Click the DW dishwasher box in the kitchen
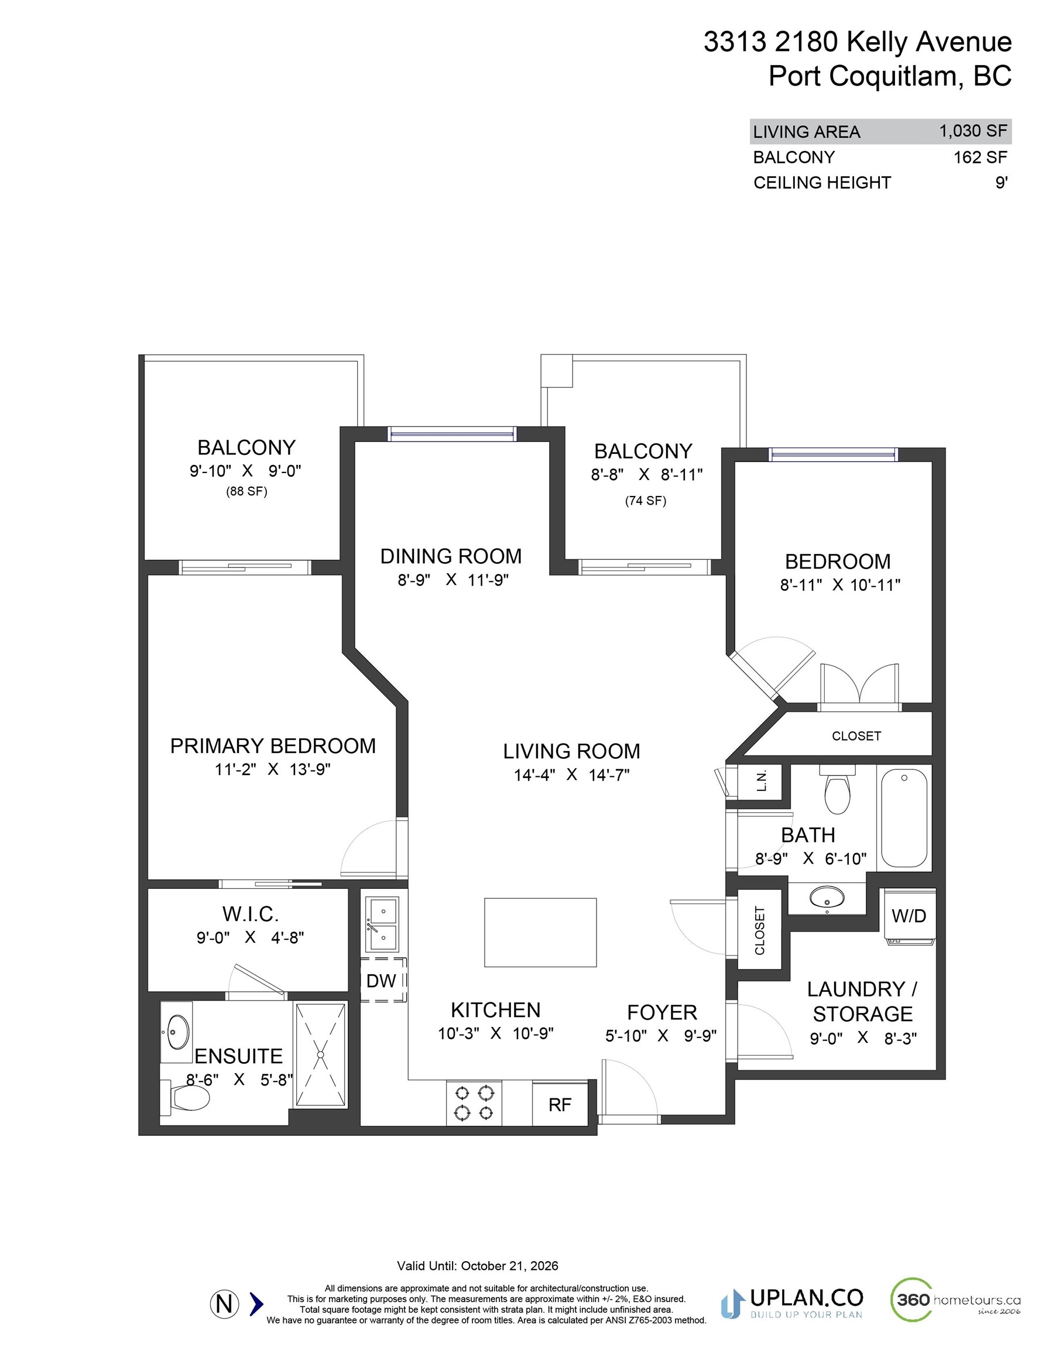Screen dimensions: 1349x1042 383,980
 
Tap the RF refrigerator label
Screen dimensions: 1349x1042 560,1105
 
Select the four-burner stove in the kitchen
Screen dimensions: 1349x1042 474,1104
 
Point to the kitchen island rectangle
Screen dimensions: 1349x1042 540,932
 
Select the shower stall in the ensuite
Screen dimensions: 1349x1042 321,1055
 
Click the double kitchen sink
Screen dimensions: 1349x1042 383,925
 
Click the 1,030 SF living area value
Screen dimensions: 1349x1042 973,131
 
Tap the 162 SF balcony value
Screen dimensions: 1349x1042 979,158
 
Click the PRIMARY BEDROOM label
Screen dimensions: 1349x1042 272,746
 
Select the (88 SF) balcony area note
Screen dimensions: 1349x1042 246,492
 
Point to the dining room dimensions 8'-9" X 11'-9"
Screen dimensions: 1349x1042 453,580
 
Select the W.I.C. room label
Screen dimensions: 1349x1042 250,914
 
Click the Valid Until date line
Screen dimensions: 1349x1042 477,1266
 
